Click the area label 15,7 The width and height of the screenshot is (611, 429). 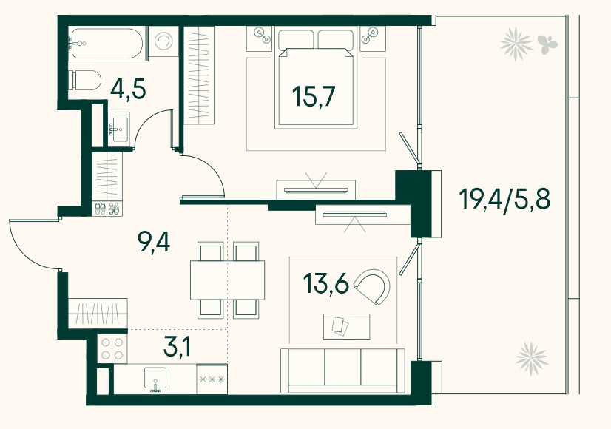(314, 96)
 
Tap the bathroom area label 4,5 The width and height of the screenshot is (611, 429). (128, 89)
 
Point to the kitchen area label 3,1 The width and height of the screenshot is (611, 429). (178, 347)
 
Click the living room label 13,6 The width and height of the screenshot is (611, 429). (325, 283)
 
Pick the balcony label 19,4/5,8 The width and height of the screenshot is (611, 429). (504, 200)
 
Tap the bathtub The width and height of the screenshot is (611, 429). (106, 43)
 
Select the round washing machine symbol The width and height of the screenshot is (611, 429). (163, 41)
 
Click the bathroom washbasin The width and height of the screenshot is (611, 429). (118, 129)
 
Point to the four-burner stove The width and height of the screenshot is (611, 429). (112, 348)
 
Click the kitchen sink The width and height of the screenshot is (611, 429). (155, 379)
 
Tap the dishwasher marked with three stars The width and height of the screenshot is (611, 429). (212, 379)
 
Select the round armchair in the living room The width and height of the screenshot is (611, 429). (373, 286)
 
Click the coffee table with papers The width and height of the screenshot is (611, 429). (346, 326)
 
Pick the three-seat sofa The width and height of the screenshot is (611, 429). (342, 371)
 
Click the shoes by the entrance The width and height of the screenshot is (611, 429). (107, 209)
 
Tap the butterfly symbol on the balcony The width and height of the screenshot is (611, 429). (547, 43)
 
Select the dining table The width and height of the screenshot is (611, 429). (228, 280)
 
